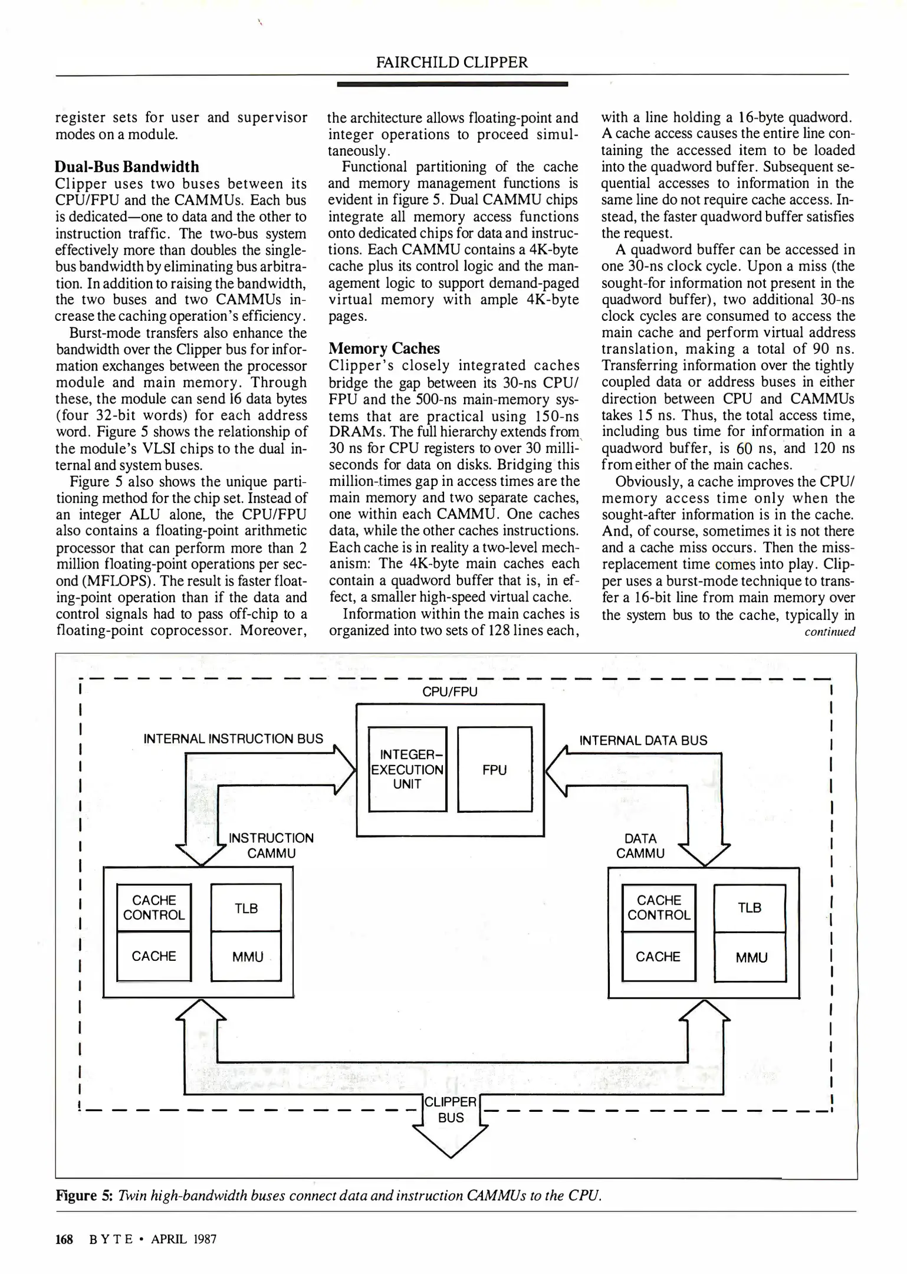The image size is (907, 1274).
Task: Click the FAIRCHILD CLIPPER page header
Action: point(452,62)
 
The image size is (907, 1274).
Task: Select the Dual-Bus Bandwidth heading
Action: point(127,167)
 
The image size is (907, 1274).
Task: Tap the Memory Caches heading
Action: point(384,348)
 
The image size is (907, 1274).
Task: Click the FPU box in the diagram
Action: point(494,770)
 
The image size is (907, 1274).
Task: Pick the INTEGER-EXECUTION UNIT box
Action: point(407,769)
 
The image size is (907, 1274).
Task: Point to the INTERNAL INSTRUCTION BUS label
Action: point(234,738)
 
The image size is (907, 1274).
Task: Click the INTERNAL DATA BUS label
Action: point(643,740)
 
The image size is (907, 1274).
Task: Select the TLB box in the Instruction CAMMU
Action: point(246,908)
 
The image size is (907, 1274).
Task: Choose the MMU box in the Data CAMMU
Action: point(751,957)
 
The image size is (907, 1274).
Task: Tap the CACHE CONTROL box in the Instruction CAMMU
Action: point(154,908)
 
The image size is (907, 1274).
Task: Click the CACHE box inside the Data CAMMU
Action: point(658,956)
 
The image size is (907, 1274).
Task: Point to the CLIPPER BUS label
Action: point(451,1109)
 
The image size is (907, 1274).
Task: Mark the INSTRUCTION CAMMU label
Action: point(271,845)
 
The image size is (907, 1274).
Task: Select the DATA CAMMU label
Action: point(640,846)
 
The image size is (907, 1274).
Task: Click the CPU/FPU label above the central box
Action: point(450,692)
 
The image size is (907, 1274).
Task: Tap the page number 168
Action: point(64,1239)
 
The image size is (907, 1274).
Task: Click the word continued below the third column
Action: point(829,632)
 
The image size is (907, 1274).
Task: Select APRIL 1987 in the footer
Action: point(184,1239)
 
